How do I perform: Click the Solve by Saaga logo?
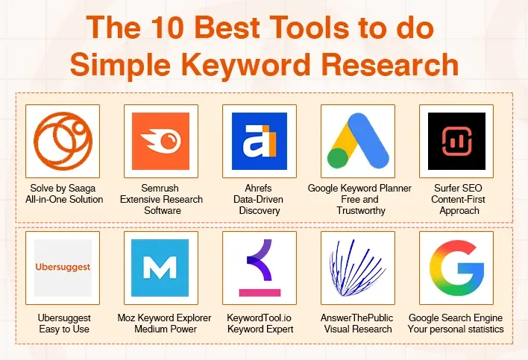tap(63, 140)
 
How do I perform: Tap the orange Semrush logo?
tap(160, 140)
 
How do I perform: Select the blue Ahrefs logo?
tap(259, 140)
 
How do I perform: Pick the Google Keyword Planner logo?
tap(358, 140)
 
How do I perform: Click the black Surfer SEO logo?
tap(456, 140)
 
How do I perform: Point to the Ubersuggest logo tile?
tap(63, 267)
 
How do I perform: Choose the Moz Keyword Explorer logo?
tap(160, 267)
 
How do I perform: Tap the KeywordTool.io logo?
tap(259, 267)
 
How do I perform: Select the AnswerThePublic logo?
tap(358, 267)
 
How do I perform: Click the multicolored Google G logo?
tap(456, 267)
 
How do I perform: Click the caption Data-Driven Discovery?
tap(260, 205)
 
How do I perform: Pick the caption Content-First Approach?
tap(457, 205)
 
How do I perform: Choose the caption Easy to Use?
tap(63, 329)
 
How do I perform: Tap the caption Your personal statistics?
tap(456, 329)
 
